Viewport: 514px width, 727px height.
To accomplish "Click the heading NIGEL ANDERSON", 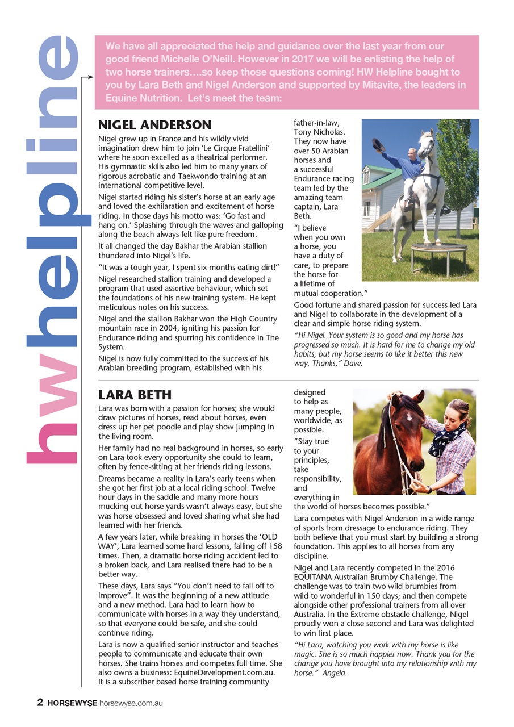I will [154, 125].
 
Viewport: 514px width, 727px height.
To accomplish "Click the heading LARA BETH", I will [135, 395].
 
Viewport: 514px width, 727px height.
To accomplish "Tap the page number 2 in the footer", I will [40, 703].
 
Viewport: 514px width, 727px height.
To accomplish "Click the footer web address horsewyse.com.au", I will [131, 703].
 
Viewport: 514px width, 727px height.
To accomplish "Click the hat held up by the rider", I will [378, 145].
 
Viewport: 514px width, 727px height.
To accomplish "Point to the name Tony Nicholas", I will [319, 132].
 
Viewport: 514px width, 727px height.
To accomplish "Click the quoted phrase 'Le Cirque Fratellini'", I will [224, 148].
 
